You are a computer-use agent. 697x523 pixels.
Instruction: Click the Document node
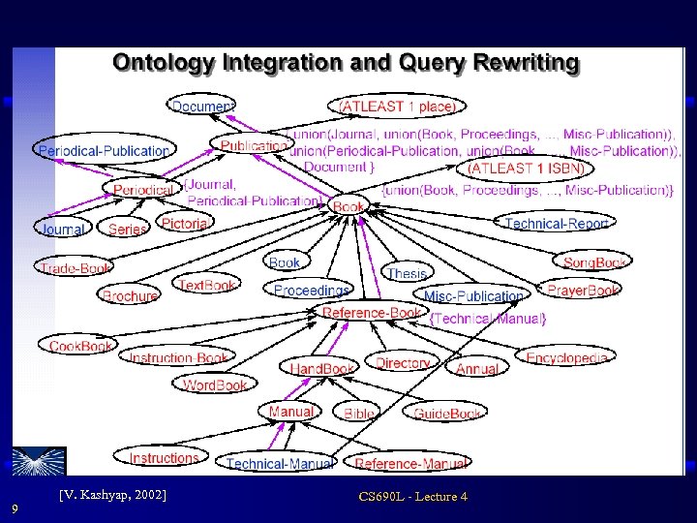202,106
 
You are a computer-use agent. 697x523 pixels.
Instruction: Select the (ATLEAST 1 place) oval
398,106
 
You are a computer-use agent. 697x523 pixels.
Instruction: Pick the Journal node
62,230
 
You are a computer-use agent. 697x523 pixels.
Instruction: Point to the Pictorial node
184,224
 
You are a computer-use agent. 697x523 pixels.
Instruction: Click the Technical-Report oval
557,224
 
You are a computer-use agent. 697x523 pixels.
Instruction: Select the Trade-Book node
76,267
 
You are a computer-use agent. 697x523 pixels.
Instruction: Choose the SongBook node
595,262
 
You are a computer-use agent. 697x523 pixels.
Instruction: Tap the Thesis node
407,274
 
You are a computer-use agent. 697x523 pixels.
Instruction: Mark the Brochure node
130,296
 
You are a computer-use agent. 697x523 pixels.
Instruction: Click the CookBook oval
81,346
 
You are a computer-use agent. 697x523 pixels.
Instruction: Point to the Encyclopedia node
567,357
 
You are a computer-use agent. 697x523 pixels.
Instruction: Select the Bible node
360,413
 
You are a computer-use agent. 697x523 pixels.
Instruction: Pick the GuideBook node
447,413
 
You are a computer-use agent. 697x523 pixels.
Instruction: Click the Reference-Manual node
410,464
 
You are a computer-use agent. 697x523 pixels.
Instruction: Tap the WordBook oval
215,385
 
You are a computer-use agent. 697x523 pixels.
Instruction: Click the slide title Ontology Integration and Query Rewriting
346,64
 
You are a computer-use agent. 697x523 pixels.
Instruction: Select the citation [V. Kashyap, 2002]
112,495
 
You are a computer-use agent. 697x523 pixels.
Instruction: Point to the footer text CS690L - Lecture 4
412,497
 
